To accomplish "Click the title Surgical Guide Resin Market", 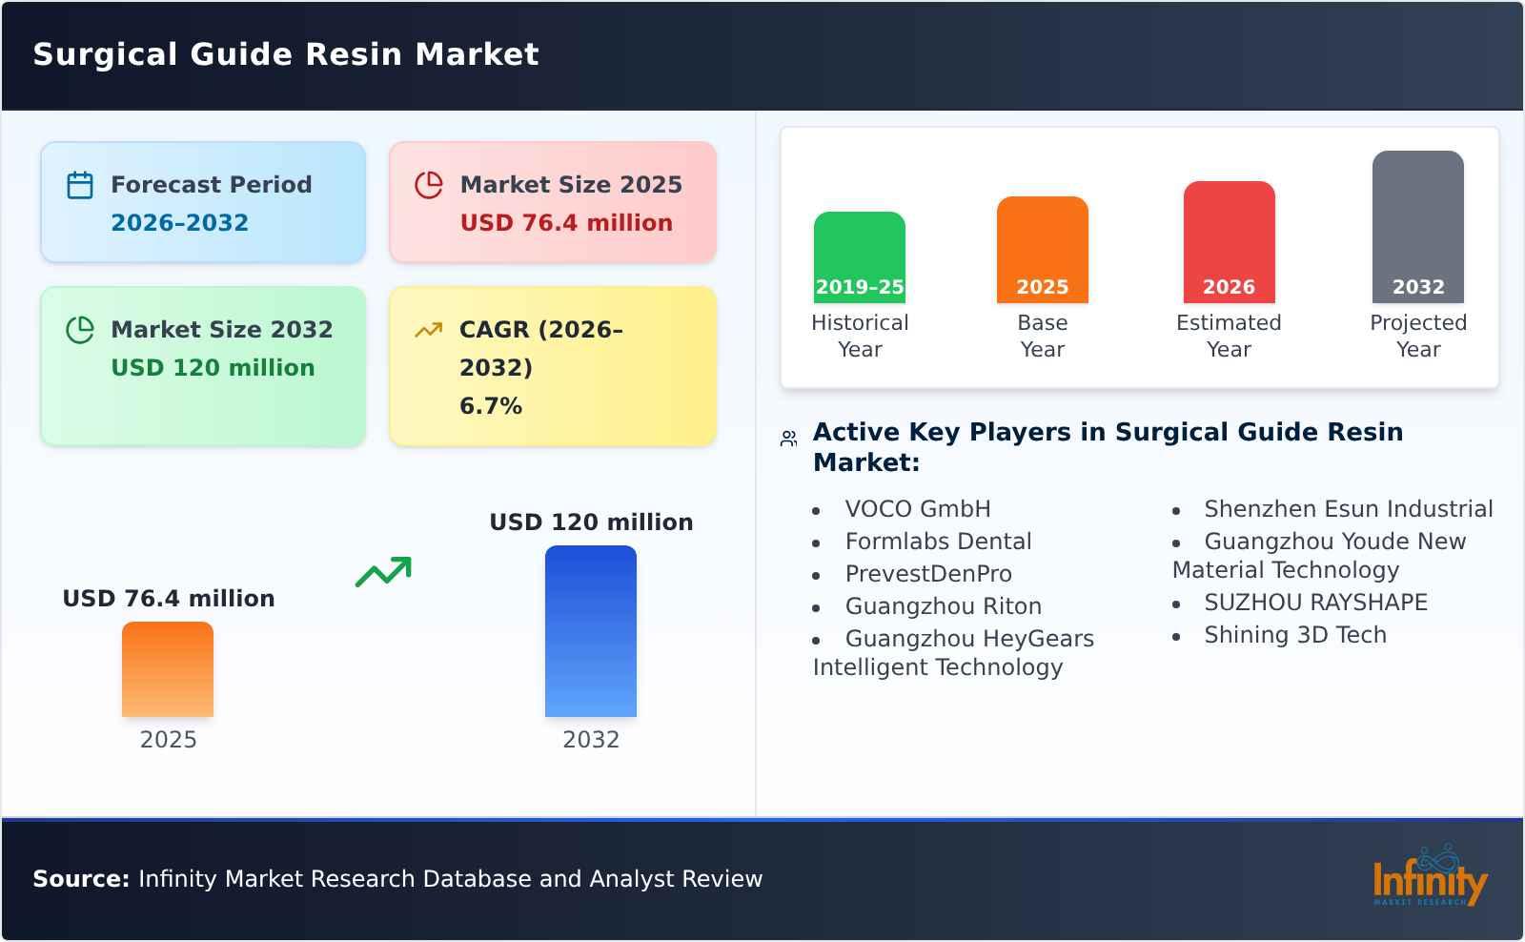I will pos(286,54).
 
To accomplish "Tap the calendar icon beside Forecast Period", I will pos(80,185).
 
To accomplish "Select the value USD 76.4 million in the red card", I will pos(566,223).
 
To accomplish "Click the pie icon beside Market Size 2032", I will pos(80,330).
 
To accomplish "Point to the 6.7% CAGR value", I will pos(491,406).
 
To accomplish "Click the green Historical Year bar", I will pos(859,256).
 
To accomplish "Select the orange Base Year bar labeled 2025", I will pos(1042,250).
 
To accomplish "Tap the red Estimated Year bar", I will pos(1229,242).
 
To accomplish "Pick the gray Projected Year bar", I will pos(1417,226).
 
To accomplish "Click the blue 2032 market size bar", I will pos(590,631).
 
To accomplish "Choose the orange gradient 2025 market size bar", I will pos(168,669).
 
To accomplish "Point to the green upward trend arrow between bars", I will pos(383,572).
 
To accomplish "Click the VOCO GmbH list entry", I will pos(918,509).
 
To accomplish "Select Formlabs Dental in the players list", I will pos(938,542).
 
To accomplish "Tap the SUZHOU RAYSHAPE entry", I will pos(1315,603).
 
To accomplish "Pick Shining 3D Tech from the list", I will pos(1294,635).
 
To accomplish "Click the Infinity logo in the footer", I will pos(1429,876).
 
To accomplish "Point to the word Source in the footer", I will pos(80,879).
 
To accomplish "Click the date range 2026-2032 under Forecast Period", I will pos(179,223).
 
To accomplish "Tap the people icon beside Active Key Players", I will pos(788,440).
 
